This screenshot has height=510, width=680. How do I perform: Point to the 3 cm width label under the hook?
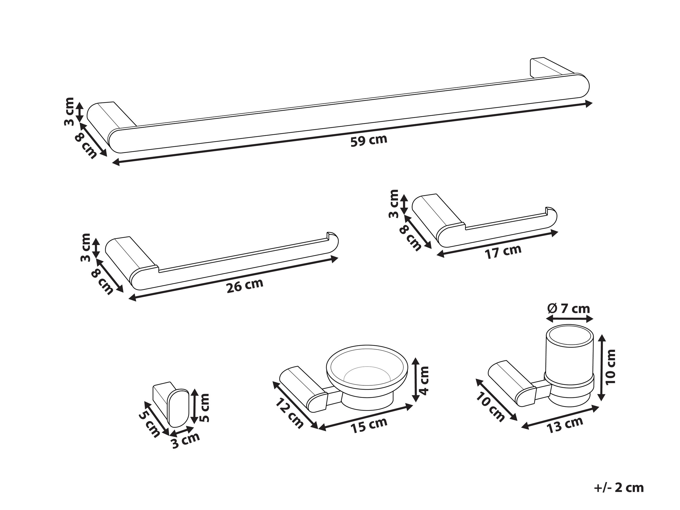(x=186, y=441)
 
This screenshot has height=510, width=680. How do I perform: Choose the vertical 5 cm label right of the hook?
(x=204, y=407)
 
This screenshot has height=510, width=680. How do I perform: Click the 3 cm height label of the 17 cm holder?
(x=394, y=204)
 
